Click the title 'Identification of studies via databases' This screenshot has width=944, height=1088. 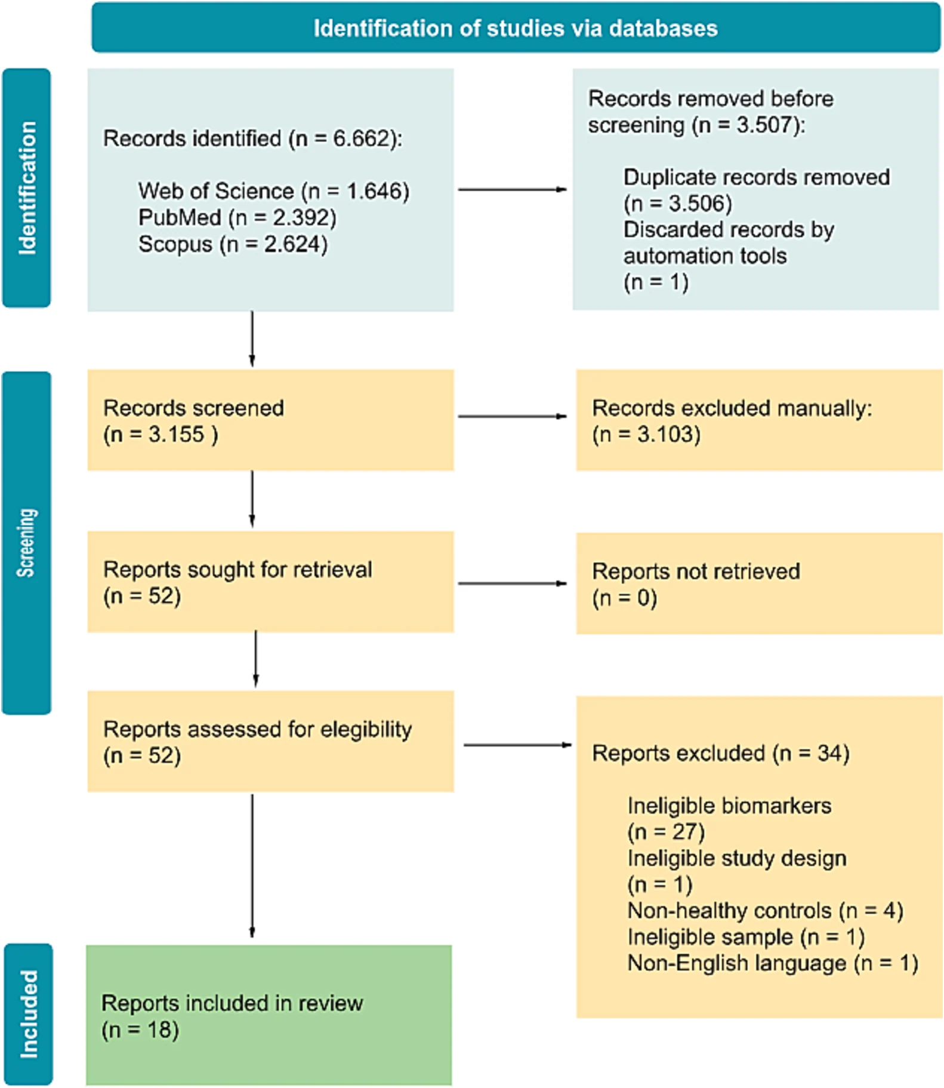pos(516,29)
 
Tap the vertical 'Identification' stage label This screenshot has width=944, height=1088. pos(27,188)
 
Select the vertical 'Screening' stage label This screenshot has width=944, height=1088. pos(26,542)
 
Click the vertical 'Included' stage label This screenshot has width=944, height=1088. pos(28,1014)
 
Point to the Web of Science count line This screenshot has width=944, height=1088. pos(274,191)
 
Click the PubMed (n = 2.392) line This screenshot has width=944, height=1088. pos(237,217)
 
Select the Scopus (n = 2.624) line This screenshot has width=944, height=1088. pos(233,244)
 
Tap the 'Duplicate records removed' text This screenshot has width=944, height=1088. pos(757,177)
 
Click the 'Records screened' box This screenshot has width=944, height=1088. pos(270,420)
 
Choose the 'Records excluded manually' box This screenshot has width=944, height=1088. pos(759,420)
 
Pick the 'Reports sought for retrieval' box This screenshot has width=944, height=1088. pos(270,582)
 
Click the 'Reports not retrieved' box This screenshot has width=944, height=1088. pos(759,583)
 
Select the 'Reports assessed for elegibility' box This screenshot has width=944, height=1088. pos(270,741)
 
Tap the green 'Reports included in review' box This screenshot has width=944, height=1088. pos(269,1015)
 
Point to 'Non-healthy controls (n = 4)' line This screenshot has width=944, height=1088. pos(766,911)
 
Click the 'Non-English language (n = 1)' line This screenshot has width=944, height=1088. pos(773,963)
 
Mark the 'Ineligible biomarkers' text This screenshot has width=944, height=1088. pos(729,806)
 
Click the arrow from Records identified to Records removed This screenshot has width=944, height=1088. pos(512,189)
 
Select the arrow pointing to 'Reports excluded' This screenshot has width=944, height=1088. pos(517,745)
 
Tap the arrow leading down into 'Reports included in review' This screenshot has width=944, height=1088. pos(252,866)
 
